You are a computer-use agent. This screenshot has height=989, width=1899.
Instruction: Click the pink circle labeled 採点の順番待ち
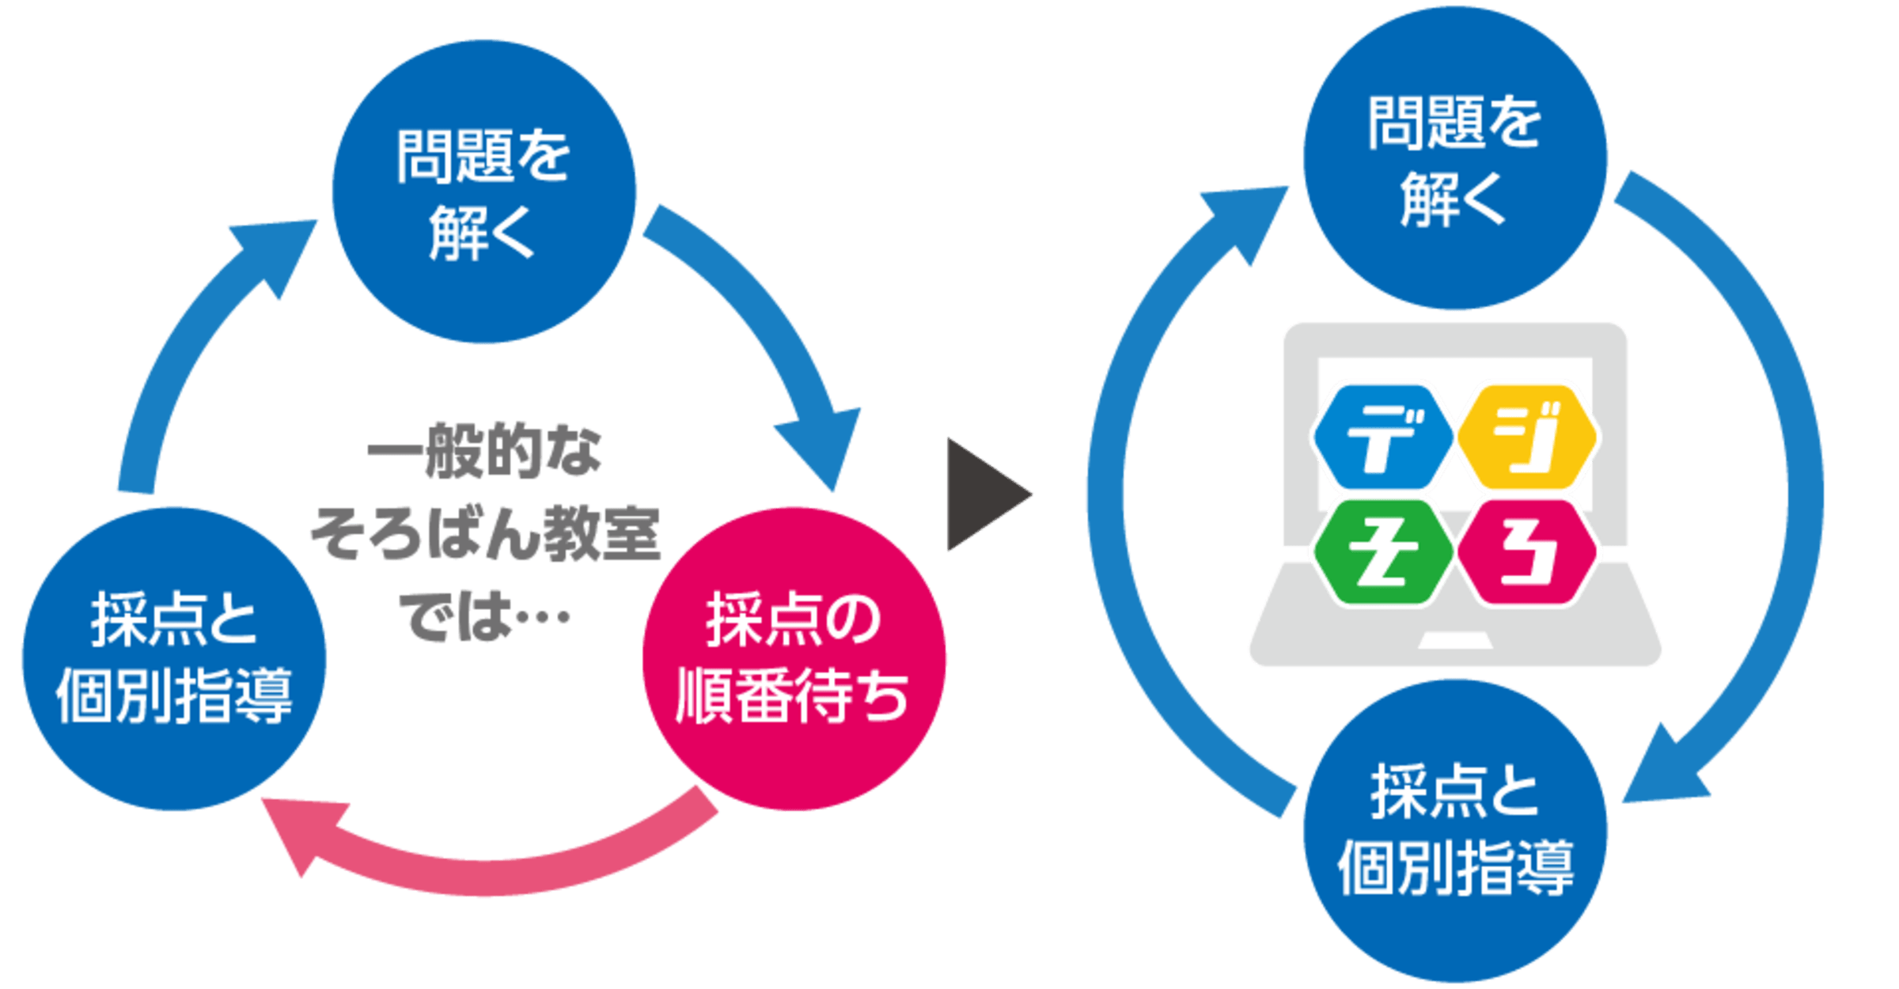794,658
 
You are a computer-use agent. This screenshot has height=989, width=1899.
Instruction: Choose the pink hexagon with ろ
1526,552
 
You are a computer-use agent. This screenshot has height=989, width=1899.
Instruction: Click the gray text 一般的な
484,453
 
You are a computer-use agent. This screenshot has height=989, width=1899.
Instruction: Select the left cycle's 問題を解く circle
483,191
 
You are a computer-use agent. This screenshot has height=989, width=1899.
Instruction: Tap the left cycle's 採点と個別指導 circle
173,658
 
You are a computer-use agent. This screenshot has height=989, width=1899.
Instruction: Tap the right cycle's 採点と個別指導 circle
1454,831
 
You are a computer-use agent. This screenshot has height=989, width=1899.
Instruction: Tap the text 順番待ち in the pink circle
792,696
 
